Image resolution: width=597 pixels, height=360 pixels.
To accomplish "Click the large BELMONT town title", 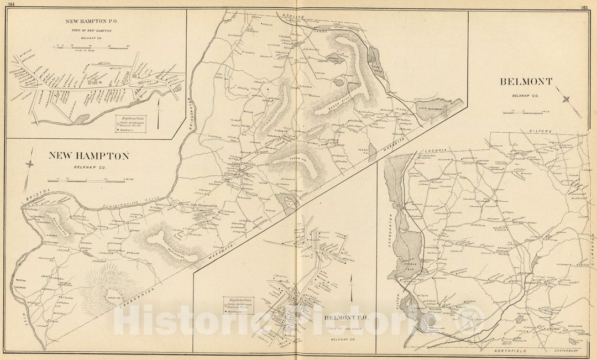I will point(526,82).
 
